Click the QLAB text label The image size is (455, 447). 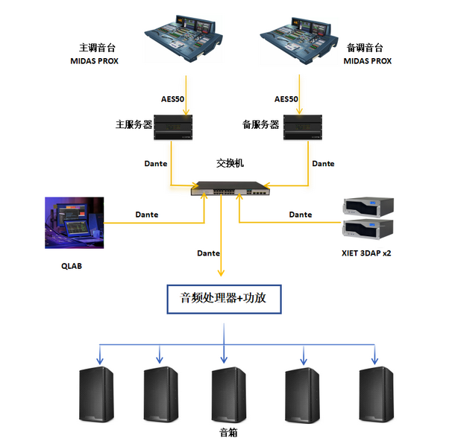(72, 264)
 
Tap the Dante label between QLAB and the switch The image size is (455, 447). (146, 215)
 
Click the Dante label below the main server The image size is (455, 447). (155, 163)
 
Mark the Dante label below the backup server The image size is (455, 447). (323, 163)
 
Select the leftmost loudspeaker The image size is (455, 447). (98, 396)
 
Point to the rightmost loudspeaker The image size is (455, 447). (378, 396)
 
